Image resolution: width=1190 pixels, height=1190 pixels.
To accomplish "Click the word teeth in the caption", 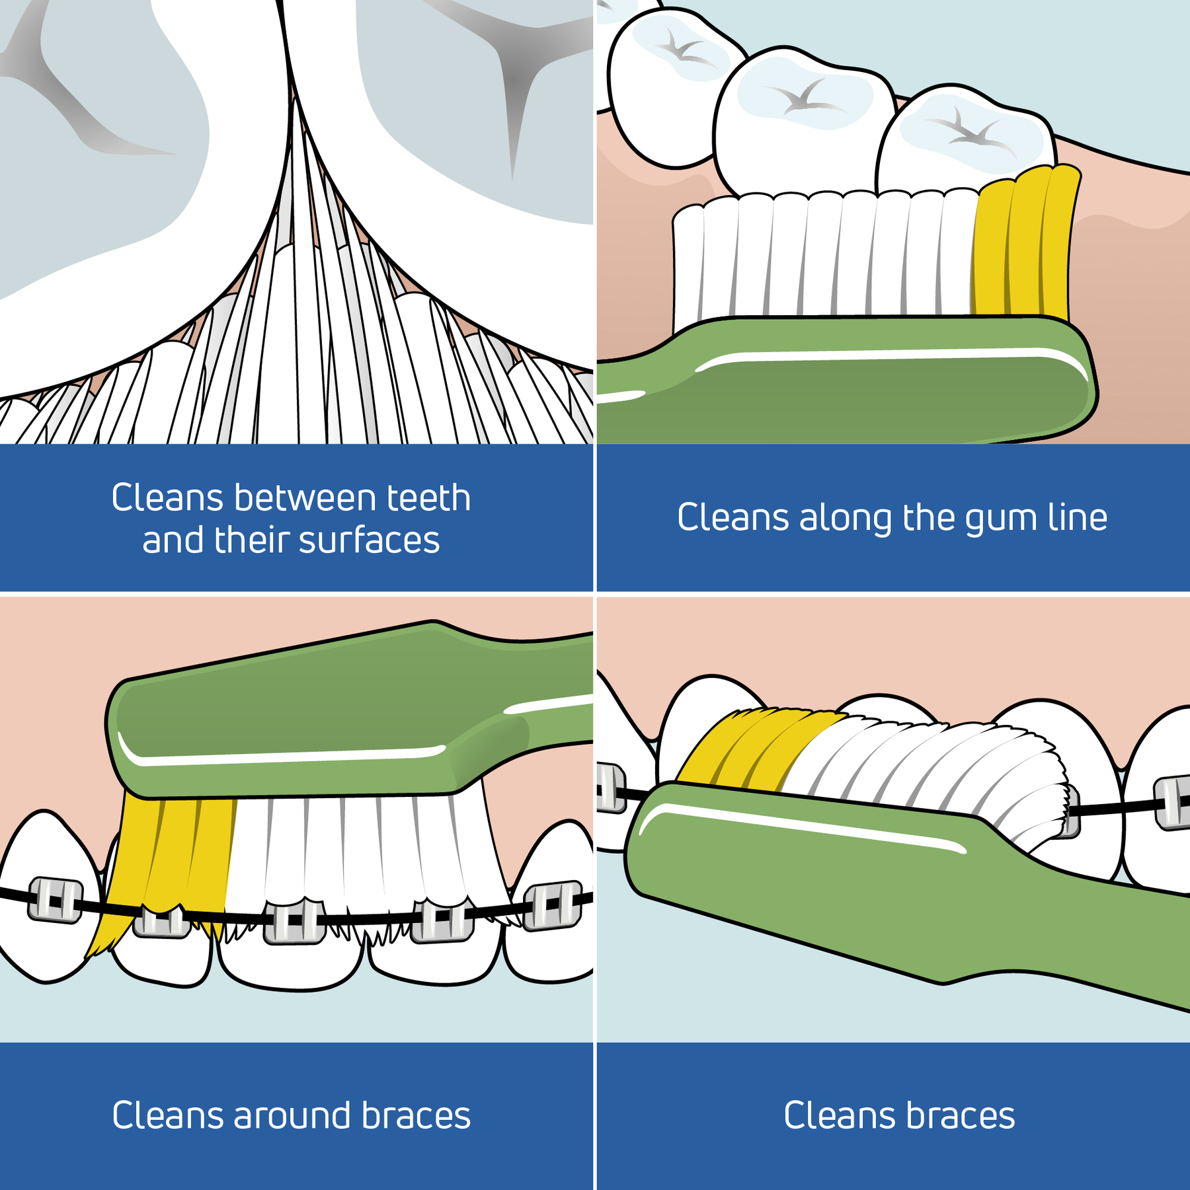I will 428,498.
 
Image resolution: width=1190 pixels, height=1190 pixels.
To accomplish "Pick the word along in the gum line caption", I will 846,518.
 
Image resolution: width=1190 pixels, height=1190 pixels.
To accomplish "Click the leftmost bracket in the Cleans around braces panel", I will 56,899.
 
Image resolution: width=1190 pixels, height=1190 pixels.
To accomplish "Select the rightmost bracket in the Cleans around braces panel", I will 553,905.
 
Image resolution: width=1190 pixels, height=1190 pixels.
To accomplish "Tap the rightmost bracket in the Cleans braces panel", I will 1171,802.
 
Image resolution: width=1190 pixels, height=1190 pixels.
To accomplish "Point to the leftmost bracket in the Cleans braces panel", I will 610,788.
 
